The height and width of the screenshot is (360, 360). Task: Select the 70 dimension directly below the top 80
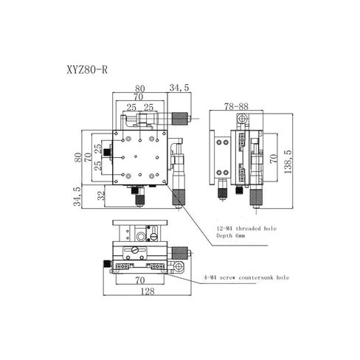tap(139, 97)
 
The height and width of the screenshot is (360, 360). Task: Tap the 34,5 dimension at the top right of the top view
tap(179, 89)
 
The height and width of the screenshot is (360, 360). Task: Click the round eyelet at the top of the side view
tap(240, 118)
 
